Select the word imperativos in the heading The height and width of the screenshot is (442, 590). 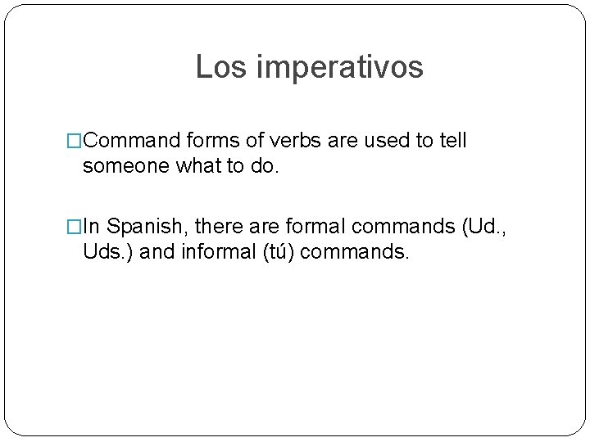pyautogui.click(x=340, y=68)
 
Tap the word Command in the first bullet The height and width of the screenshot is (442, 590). pyautogui.click(x=133, y=141)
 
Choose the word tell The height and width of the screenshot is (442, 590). pyautogui.click(x=452, y=141)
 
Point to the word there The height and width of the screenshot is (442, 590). pyautogui.click(x=220, y=226)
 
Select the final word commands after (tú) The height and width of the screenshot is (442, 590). pyautogui.click(x=354, y=251)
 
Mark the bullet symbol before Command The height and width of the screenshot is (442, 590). pyautogui.click(x=75, y=142)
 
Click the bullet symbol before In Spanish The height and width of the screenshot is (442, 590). pyautogui.click(x=75, y=227)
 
